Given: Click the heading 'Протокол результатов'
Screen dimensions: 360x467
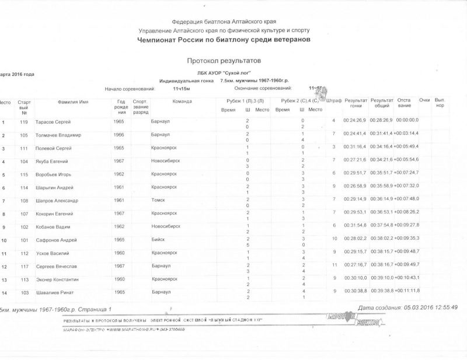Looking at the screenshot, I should point(224,60).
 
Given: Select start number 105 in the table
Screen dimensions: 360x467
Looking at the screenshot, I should point(24,135).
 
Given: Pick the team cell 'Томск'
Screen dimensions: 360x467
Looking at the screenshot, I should point(158,200).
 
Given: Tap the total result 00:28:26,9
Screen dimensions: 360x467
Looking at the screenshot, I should point(381,121).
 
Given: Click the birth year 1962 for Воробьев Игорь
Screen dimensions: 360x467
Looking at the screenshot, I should point(119,174).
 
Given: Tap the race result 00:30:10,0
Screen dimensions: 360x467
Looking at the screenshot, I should point(355,278).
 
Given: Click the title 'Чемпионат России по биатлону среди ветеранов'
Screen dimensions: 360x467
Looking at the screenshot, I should point(224,39).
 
